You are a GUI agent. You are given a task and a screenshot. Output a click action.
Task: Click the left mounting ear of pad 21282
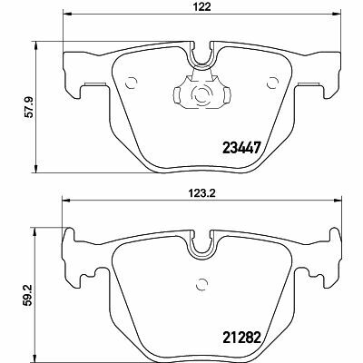(x=73, y=242)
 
